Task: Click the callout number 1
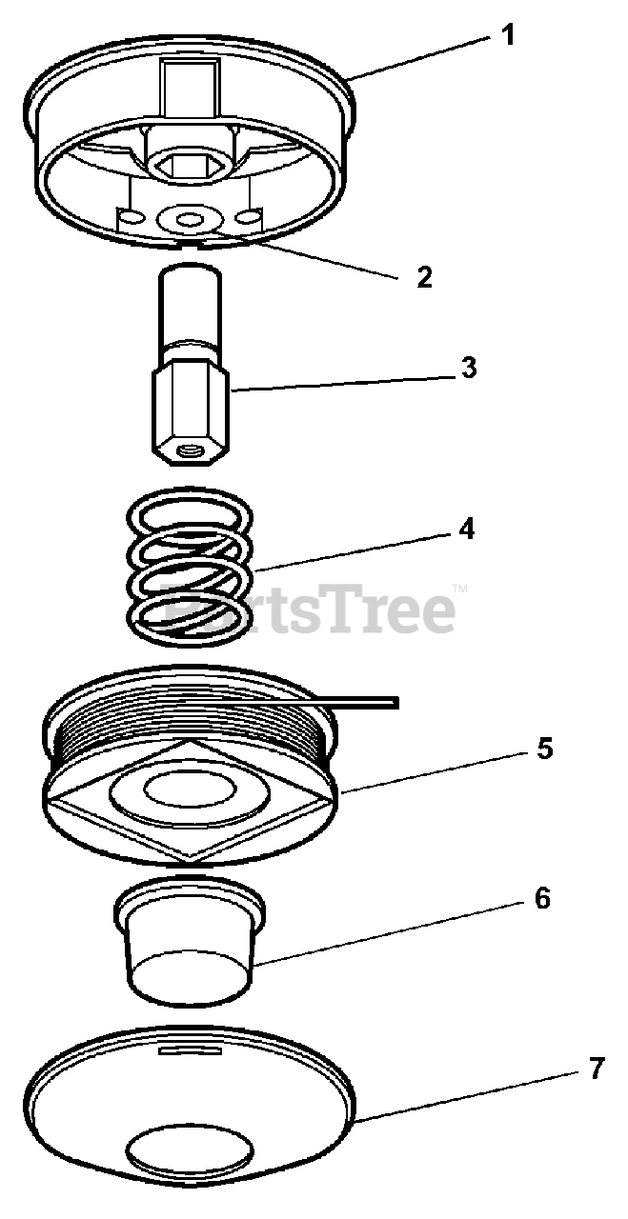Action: click(507, 36)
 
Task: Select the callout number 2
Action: click(424, 277)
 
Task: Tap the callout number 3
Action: click(469, 368)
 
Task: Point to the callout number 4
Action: click(466, 529)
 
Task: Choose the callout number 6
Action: click(542, 898)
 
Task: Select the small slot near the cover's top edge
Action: click(190, 1049)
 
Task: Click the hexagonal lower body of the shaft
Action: click(190, 410)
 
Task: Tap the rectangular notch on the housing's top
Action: click(190, 90)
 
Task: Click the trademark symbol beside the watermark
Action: click(460, 589)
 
